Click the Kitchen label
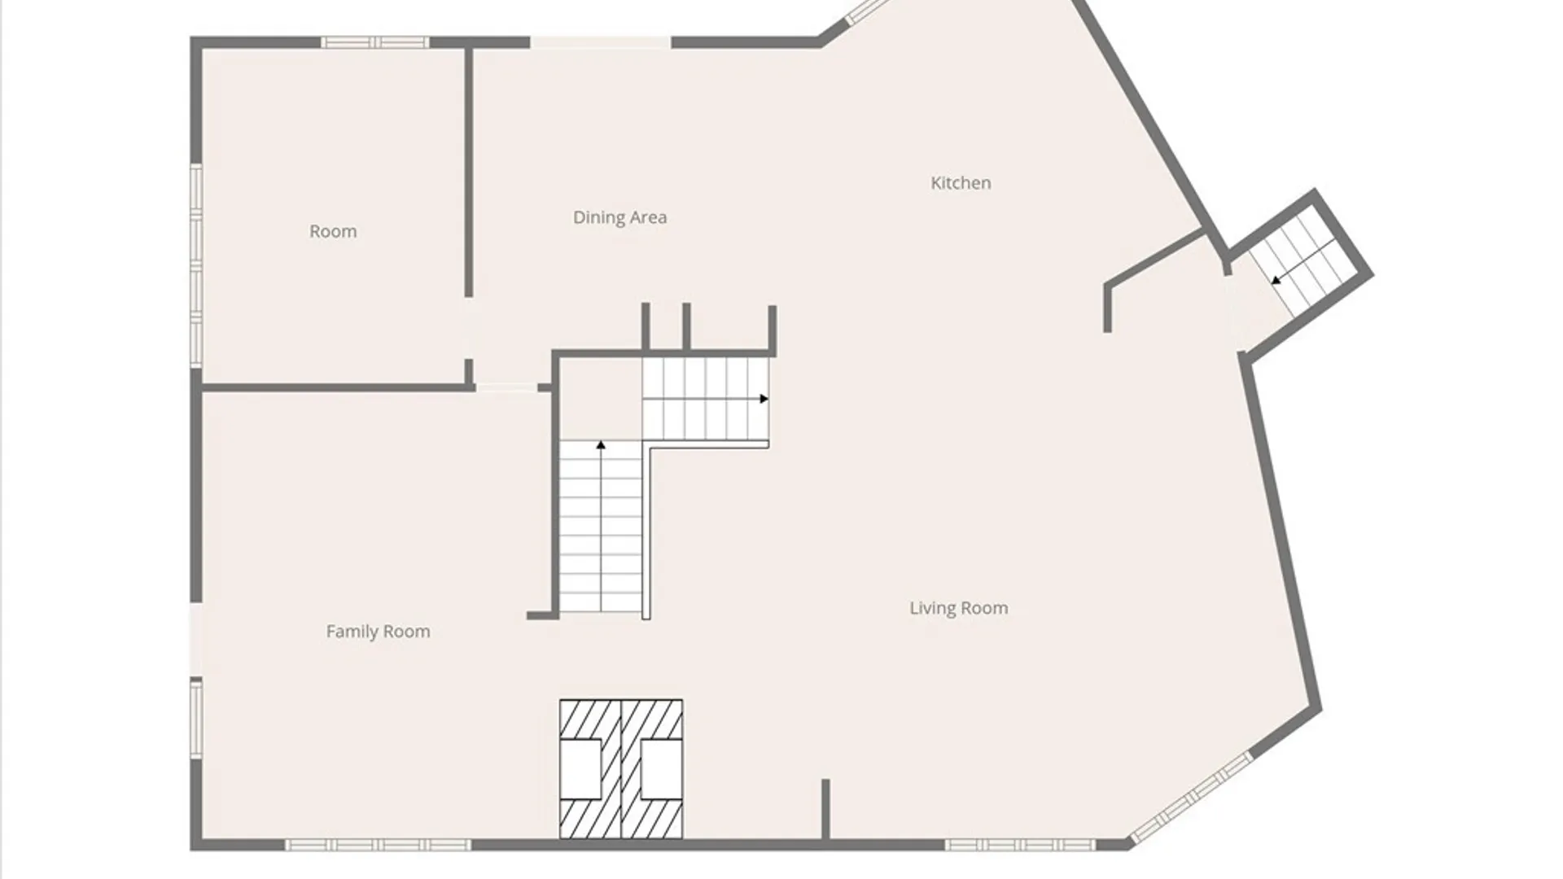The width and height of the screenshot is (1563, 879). coord(961,183)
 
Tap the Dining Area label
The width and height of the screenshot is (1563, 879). coord(620,217)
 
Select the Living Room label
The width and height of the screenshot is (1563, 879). coord(958,608)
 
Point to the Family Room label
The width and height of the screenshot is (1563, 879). coord(378,631)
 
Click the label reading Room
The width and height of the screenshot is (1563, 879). coord(333,231)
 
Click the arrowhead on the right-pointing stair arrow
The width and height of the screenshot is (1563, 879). coord(764,399)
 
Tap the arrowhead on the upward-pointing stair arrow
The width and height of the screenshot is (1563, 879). coord(601,445)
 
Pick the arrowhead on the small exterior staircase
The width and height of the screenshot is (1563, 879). coord(1276,280)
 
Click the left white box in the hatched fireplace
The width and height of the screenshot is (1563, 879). coord(580,769)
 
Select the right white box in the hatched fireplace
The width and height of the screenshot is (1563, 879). coord(661,769)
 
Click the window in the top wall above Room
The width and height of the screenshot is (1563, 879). coord(374,42)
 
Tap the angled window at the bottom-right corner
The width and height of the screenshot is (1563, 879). coord(1190,798)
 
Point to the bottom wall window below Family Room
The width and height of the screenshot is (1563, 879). coord(378,845)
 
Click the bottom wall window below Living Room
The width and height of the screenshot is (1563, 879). coord(1020,845)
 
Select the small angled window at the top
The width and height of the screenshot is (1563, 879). coord(868,11)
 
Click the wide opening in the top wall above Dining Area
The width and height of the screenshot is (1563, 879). coord(601,42)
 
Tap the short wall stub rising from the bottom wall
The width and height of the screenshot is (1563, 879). coord(825,809)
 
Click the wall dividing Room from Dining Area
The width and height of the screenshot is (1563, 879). coord(469,173)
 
